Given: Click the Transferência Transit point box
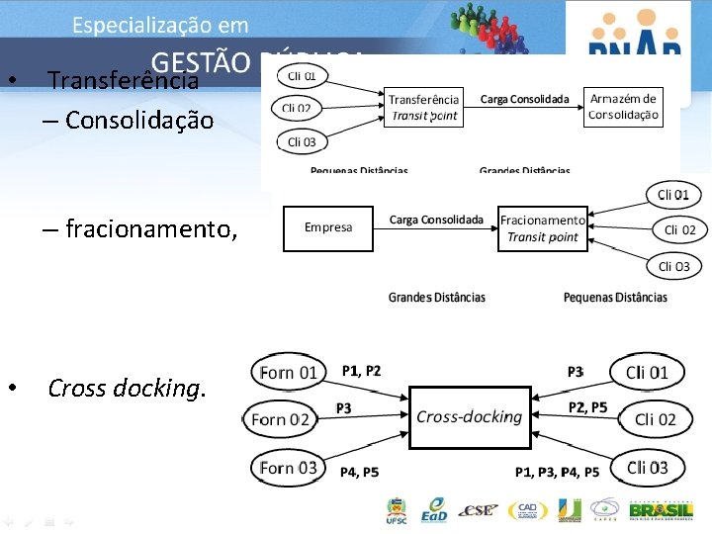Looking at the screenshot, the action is pos(423,107).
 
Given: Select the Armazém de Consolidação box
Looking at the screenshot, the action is pos(622,107).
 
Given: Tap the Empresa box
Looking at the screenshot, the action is pos(328,228).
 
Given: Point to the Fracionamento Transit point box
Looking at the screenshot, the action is pos(542,228).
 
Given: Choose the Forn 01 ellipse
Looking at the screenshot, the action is pos(288,373).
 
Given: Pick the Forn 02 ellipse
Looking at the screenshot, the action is pos(281,419).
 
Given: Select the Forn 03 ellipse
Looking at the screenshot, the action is pos(288,468).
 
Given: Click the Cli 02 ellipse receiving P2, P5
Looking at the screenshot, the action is pos(656,419).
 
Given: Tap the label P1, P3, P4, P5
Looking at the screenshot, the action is pos(557,473).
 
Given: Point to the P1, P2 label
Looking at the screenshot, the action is pos(361,371).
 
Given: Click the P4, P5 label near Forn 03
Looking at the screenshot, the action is pos(359,473).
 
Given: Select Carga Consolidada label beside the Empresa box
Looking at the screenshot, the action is pos(436,220).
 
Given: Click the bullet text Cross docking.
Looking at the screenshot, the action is pos(127,388).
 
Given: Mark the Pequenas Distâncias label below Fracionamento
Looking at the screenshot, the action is pos(615,297).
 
